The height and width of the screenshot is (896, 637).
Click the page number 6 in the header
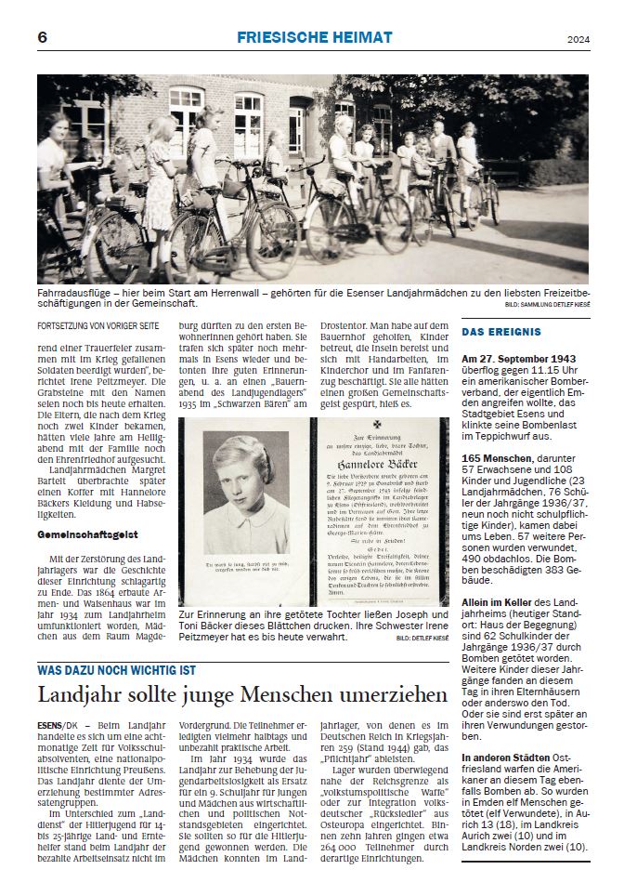[x=43, y=37]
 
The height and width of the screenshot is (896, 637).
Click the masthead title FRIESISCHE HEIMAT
[x=315, y=37]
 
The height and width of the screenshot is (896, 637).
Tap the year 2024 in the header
[x=578, y=39]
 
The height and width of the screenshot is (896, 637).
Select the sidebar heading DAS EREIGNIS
[x=501, y=332]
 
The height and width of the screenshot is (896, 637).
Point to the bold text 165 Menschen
[x=496, y=459]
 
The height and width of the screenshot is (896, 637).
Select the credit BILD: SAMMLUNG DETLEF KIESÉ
[x=546, y=305]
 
